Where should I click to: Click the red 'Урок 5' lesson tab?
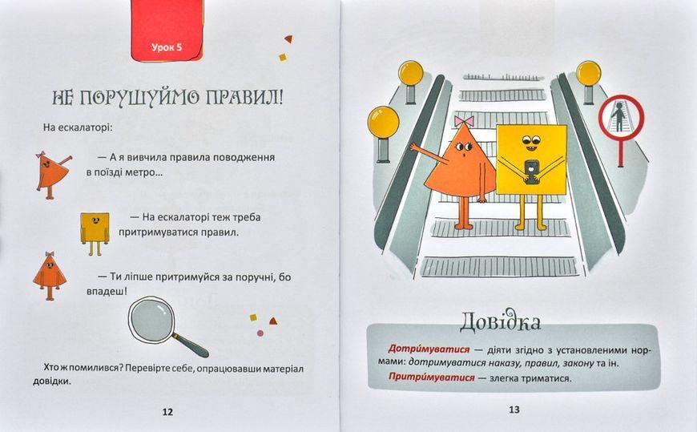[x=167, y=31]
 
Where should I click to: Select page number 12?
[x=167, y=412]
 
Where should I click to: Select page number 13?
[x=514, y=410]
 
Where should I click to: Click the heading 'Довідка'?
[x=500, y=321]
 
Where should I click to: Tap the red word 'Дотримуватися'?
[x=429, y=349]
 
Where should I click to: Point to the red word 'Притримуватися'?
[x=432, y=377]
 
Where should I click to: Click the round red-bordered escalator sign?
[x=621, y=117]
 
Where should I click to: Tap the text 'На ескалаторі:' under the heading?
[x=79, y=127]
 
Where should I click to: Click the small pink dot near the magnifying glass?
[x=260, y=333]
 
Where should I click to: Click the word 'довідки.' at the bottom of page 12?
[x=52, y=382]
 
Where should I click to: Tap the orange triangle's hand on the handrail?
[x=414, y=147]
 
